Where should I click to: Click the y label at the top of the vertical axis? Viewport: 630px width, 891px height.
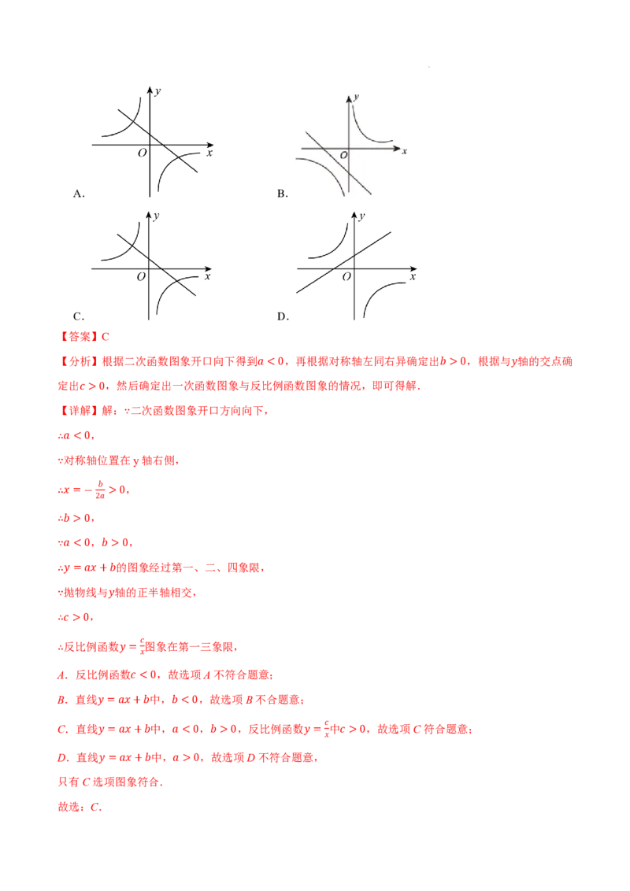point(357,96)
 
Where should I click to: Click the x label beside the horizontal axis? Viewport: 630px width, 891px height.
point(404,151)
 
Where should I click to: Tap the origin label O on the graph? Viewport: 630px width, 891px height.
point(343,156)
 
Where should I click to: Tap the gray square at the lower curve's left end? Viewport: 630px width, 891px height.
point(293,160)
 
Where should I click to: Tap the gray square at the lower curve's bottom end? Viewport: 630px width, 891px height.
point(343,198)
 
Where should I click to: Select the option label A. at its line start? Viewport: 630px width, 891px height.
point(61,675)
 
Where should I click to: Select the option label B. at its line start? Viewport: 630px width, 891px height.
point(61,700)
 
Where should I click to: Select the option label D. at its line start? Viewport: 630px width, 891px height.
point(61,758)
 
